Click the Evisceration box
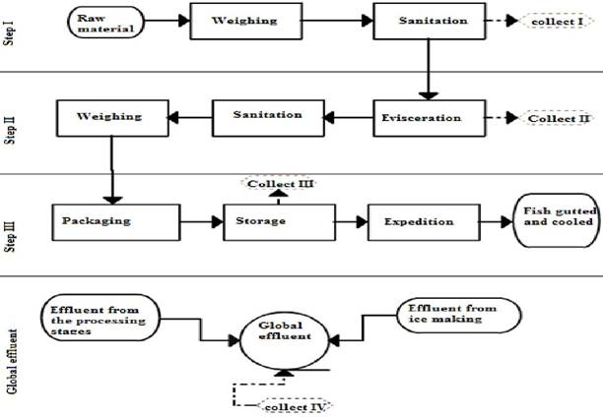(421, 118)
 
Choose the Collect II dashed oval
(558, 118)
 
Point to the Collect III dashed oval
(271, 183)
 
